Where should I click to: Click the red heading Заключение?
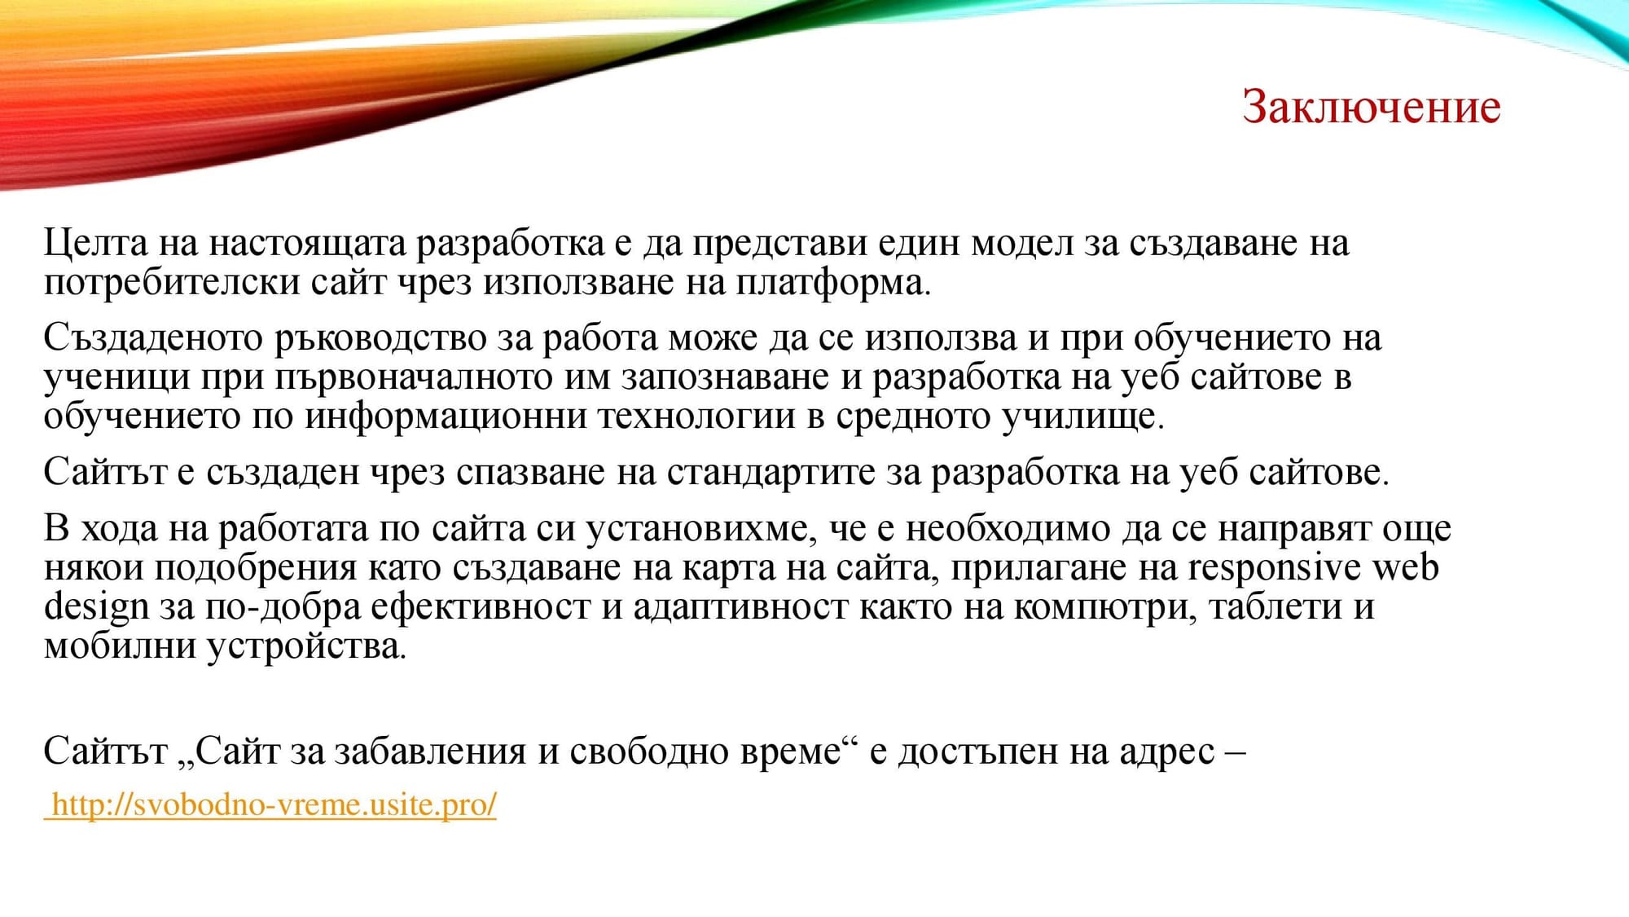pyautogui.click(x=1371, y=107)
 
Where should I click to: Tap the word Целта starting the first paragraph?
pyautogui.click(x=96, y=243)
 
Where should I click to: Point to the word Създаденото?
pyautogui.click(x=153, y=338)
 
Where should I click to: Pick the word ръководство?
pyautogui.click(x=380, y=338)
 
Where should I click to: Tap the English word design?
pyautogui.click(x=96, y=607)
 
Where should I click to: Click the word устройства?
pyautogui.click(x=305, y=646)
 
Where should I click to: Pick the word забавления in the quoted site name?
pyautogui.click(x=430, y=751)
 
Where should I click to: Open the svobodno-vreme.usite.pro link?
pyautogui.click(x=274, y=805)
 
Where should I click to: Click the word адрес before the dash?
pyautogui.click(x=1166, y=751)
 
